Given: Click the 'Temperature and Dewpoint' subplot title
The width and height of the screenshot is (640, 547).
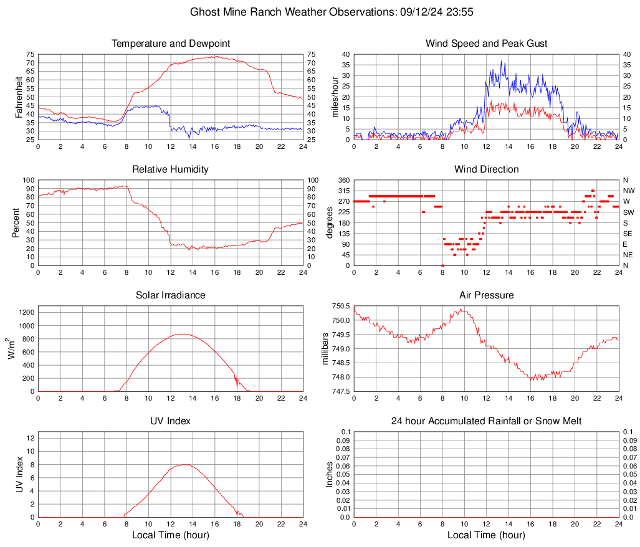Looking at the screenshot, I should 171,44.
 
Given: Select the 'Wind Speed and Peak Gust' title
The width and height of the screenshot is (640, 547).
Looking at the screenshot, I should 487,44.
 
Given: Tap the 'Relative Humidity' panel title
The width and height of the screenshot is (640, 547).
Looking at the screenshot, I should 171,169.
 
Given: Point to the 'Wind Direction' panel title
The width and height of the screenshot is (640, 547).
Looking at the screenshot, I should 487,169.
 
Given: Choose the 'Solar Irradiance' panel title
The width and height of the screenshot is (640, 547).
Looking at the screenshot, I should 171,295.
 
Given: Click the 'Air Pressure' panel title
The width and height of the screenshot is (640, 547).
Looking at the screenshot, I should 487,295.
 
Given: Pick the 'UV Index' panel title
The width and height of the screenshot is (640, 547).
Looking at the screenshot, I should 171,421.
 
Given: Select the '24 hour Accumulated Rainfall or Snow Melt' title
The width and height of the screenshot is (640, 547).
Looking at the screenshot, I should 487,421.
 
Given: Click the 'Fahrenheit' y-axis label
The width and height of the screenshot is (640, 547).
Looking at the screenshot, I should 18,97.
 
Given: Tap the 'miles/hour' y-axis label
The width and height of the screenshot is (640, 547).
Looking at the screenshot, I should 335,97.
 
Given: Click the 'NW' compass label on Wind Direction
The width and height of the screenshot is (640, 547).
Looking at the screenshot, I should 628,191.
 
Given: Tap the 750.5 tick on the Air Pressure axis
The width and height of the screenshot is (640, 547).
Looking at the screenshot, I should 341,306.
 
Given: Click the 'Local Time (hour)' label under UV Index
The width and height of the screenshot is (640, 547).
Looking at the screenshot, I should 171,535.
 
